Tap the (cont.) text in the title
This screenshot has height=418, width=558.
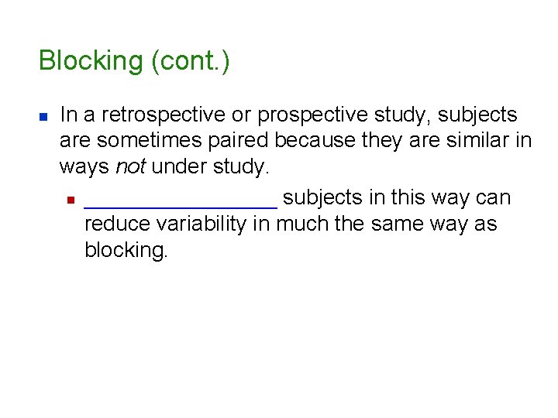[191, 61]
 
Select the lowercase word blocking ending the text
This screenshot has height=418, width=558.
[126, 252]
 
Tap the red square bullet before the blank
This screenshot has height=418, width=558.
[69, 200]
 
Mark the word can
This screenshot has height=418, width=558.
[494, 198]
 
